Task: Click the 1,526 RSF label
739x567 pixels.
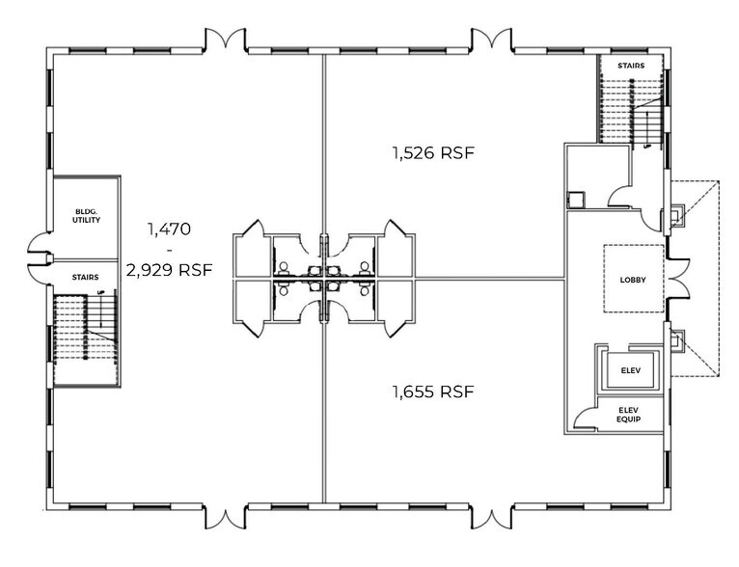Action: (433, 152)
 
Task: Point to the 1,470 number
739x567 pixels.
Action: (170, 229)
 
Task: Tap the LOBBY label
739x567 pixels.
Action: (633, 280)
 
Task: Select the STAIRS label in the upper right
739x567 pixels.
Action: (630, 66)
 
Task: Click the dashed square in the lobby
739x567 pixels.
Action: (634, 278)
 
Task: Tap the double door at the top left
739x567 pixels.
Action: (226, 40)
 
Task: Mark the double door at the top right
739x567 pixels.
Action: (491, 40)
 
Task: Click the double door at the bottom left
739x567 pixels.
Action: (226, 517)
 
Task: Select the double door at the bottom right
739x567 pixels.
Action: (491, 517)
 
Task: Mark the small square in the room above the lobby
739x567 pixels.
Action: (576, 201)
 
